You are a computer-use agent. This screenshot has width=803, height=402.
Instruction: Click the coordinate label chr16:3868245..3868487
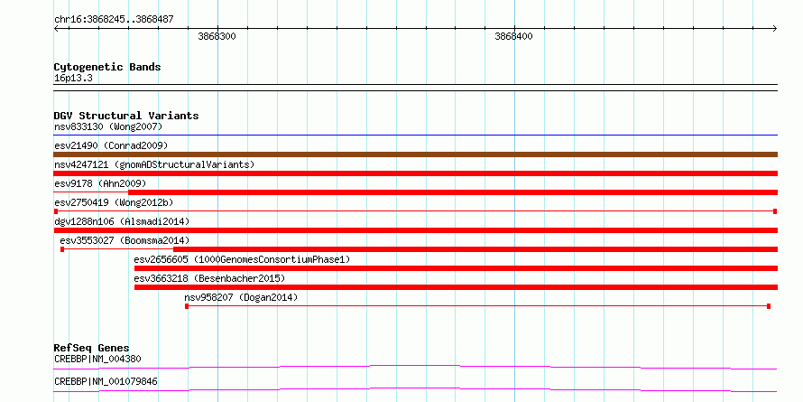114,20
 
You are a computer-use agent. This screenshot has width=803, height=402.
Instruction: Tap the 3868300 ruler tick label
217,37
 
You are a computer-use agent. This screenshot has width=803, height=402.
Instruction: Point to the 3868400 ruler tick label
513,37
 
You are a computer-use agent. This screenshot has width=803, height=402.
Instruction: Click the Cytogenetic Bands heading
107,67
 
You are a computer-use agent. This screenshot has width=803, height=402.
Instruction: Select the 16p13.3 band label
73,79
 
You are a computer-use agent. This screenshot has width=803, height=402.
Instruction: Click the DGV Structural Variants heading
126,116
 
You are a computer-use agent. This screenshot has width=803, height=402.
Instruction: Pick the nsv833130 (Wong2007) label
108,126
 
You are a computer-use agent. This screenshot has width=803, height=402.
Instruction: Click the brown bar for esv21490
415,154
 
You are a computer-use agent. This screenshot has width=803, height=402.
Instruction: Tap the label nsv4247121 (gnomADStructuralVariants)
154,164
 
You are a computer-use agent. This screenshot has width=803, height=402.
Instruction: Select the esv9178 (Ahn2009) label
100,183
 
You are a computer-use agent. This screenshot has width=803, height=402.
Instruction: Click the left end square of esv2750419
56,211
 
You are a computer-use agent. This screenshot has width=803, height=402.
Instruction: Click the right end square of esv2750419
775,211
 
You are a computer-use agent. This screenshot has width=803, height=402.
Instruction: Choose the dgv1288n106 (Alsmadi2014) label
122,221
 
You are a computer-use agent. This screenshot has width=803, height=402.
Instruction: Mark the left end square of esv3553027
62,249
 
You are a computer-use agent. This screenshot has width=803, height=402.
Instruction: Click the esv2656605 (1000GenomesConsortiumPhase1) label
242,259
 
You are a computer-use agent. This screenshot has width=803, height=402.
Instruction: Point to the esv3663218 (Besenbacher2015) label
209,278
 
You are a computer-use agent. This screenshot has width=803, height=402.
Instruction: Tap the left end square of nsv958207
187,306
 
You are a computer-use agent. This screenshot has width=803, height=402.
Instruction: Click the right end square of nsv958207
769,306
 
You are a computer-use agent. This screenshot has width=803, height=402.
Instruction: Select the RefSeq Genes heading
92,349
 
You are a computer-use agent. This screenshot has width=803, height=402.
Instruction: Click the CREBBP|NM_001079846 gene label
106,381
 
